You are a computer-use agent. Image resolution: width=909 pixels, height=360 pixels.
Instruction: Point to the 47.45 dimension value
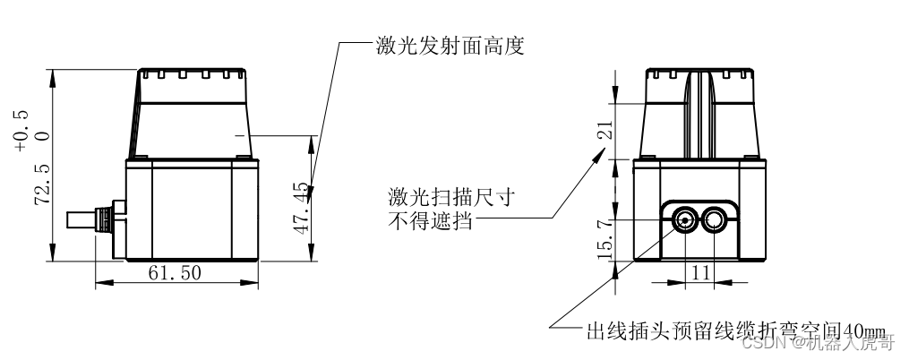coord(300,208)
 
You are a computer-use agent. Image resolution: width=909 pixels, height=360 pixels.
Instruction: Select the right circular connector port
coord(716,219)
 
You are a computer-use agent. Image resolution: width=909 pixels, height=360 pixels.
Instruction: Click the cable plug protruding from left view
coord(92,219)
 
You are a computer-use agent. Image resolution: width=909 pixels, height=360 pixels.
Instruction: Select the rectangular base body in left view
coord(192,209)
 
